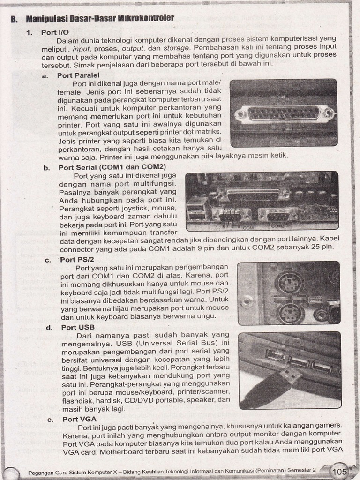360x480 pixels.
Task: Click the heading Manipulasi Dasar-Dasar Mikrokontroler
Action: coord(100,18)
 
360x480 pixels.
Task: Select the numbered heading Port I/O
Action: coord(55,32)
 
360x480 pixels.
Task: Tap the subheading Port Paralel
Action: coord(78,75)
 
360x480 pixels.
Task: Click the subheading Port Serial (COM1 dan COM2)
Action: coord(112,167)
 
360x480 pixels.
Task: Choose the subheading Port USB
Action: coord(78,327)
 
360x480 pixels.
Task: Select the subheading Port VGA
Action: coord(79,419)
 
